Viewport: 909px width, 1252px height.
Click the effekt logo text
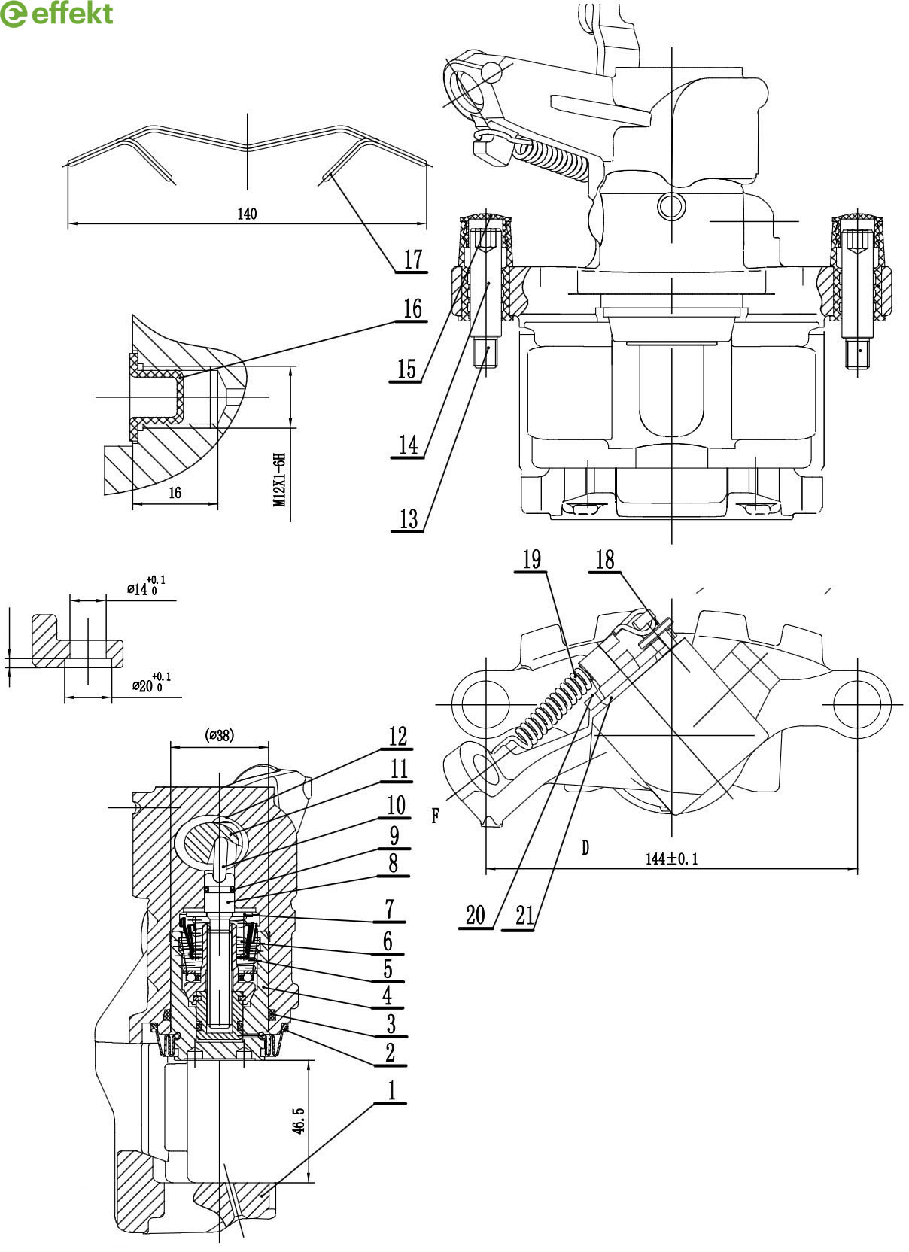click(71, 14)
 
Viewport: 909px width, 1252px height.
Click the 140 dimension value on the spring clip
click(247, 214)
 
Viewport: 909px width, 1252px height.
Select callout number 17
click(413, 260)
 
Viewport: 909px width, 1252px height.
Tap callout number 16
click(412, 308)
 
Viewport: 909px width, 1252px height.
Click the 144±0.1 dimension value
click(672, 858)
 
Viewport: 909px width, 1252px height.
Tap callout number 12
click(397, 736)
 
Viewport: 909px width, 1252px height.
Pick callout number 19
click(532, 559)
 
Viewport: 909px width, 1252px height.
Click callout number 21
click(524, 916)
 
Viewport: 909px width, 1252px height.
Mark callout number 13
click(409, 518)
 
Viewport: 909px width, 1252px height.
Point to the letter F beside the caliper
click(436, 816)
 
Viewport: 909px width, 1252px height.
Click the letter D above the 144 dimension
click(585, 847)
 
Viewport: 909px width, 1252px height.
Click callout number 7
click(390, 909)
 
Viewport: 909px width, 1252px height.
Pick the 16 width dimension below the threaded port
click(175, 492)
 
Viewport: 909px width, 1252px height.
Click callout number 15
click(406, 369)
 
